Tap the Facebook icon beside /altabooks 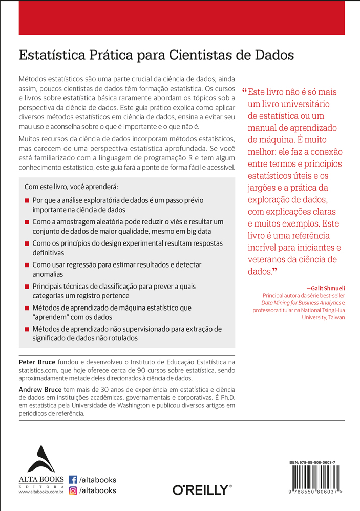(73, 480)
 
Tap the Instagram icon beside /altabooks (73, 490)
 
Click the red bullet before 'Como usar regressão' (27, 265)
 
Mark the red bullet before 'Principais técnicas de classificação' (27, 287)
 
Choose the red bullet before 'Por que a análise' (27, 201)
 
